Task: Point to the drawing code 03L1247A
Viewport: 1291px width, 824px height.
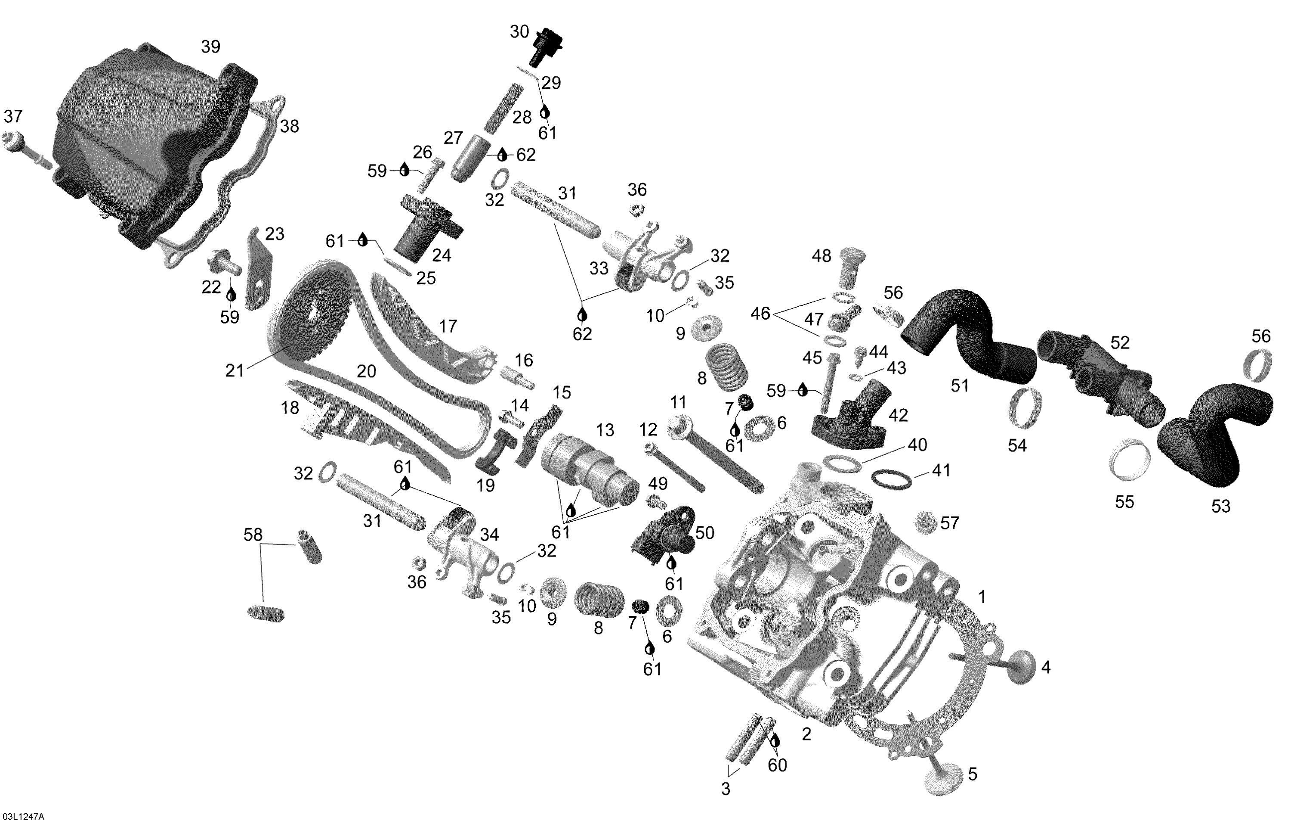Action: pos(22,817)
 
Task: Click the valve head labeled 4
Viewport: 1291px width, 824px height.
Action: pos(1018,668)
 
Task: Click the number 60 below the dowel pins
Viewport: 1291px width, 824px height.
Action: pos(777,765)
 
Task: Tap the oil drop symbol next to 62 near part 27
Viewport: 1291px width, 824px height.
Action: pos(502,155)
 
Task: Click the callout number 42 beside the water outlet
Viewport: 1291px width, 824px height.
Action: pos(898,415)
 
